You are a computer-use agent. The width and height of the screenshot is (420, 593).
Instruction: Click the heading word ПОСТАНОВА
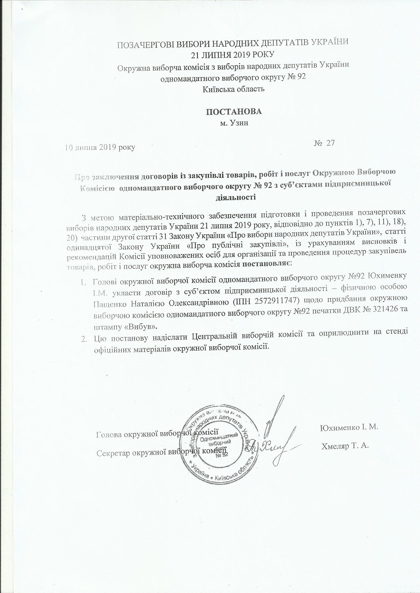(x=234, y=112)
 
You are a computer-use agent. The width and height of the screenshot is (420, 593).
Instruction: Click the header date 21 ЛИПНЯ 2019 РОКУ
(x=232, y=54)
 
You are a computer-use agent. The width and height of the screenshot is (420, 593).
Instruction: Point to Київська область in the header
(x=233, y=89)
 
